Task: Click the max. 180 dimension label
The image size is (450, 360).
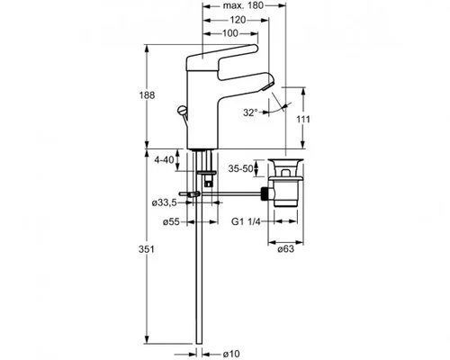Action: point(243,5)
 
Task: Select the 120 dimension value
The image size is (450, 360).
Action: point(238,20)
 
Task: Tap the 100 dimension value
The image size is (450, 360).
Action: point(230,33)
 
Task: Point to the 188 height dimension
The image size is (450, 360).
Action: point(147,95)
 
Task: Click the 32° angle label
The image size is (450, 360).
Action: point(250,112)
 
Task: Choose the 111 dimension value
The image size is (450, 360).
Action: point(303,119)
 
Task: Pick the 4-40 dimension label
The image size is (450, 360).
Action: point(164,159)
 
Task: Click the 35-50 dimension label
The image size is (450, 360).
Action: point(240,168)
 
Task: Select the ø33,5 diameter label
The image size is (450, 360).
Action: point(164,203)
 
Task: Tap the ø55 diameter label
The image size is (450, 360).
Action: point(171,222)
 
